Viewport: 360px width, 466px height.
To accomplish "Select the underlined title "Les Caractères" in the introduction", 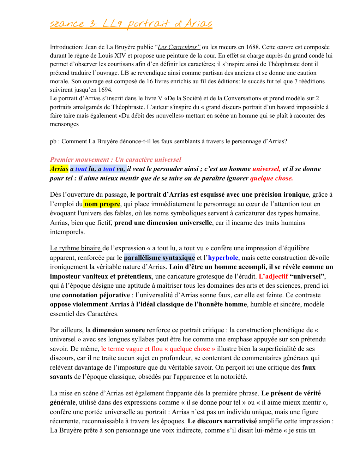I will point(179,47).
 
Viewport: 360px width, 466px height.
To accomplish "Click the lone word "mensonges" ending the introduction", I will point(64,124).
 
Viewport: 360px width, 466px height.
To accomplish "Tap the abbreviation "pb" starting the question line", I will point(53,141).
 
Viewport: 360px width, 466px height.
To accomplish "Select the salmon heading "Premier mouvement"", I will point(79,160).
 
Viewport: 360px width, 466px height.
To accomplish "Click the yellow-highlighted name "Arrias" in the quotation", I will point(59,169).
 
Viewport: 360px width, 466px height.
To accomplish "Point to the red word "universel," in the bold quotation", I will point(266,169).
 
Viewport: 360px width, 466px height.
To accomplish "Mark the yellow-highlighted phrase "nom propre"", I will point(102,204).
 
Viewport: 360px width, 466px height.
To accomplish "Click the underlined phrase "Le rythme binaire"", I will point(76,248).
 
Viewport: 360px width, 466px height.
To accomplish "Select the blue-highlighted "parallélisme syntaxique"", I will point(159,258).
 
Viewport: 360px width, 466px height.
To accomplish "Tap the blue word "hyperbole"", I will point(223,258).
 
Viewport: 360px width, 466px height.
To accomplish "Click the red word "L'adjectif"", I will point(273,276).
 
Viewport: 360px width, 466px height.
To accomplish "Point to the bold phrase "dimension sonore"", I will point(119,330).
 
